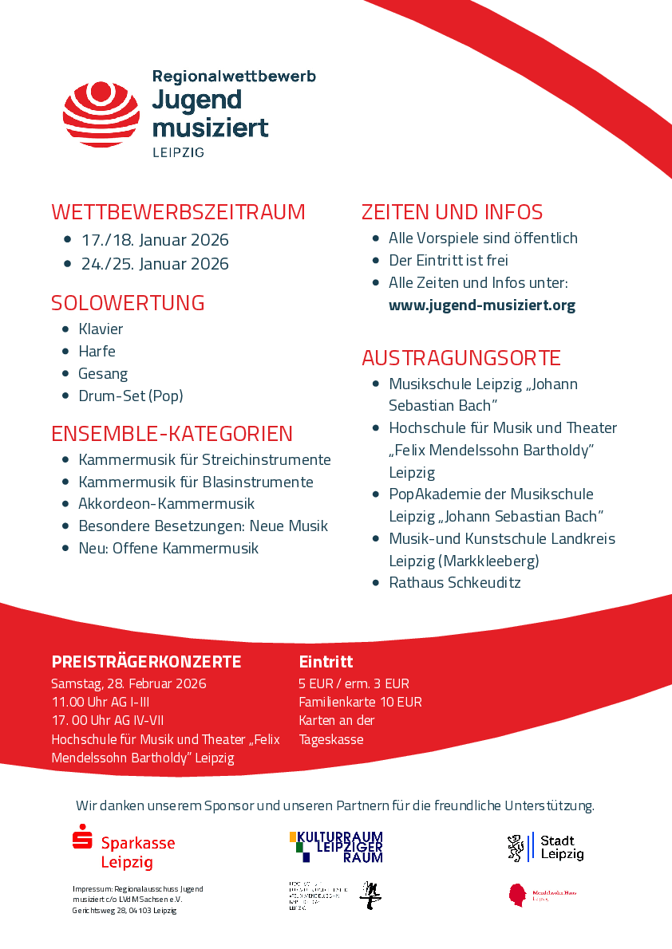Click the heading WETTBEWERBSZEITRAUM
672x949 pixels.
pyautogui.click(x=178, y=212)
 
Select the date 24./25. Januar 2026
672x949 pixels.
pyautogui.click(x=155, y=264)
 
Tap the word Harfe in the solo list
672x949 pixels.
pyautogui.click(x=97, y=352)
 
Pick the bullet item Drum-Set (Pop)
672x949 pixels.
pyautogui.click(x=130, y=396)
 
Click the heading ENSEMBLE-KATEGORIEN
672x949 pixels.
pyautogui.click(x=172, y=434)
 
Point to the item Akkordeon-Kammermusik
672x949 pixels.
pyautogui.click(x=166, y=504)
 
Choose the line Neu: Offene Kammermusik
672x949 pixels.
pyautogui.click(x=168, y=549)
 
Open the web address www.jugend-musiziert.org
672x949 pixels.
pyautogui.click(x=481, y=305)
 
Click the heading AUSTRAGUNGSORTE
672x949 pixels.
pyautogui.click(x=461, y=357)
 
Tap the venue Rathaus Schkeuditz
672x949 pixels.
pyautogui.click(x=454, y=583)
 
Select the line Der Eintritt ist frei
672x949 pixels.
pyautogui.click(x=448, y=261)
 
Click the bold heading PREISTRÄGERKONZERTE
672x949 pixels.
pyautogui.click(x=146, y=662)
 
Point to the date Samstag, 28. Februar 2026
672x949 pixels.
pyautogui.click(x=128, y=684)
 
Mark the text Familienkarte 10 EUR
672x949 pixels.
pyautogui.click(x=360, y=703)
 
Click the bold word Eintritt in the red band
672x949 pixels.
pyautogui.click(x=326, y=662)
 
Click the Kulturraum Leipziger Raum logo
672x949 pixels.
pyautogui.click(x=336, y=846)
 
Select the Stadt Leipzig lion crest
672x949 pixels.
pyautogui.click(x=516, y=848)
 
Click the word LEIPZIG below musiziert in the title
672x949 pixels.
pyautogui.click(x=178, y=152)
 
